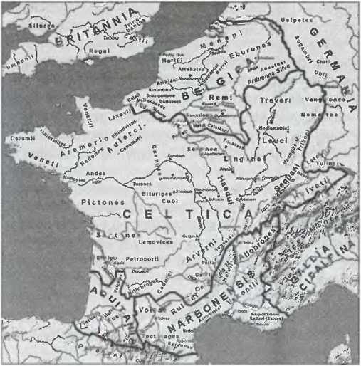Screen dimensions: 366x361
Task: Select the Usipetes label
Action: (292, 21)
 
